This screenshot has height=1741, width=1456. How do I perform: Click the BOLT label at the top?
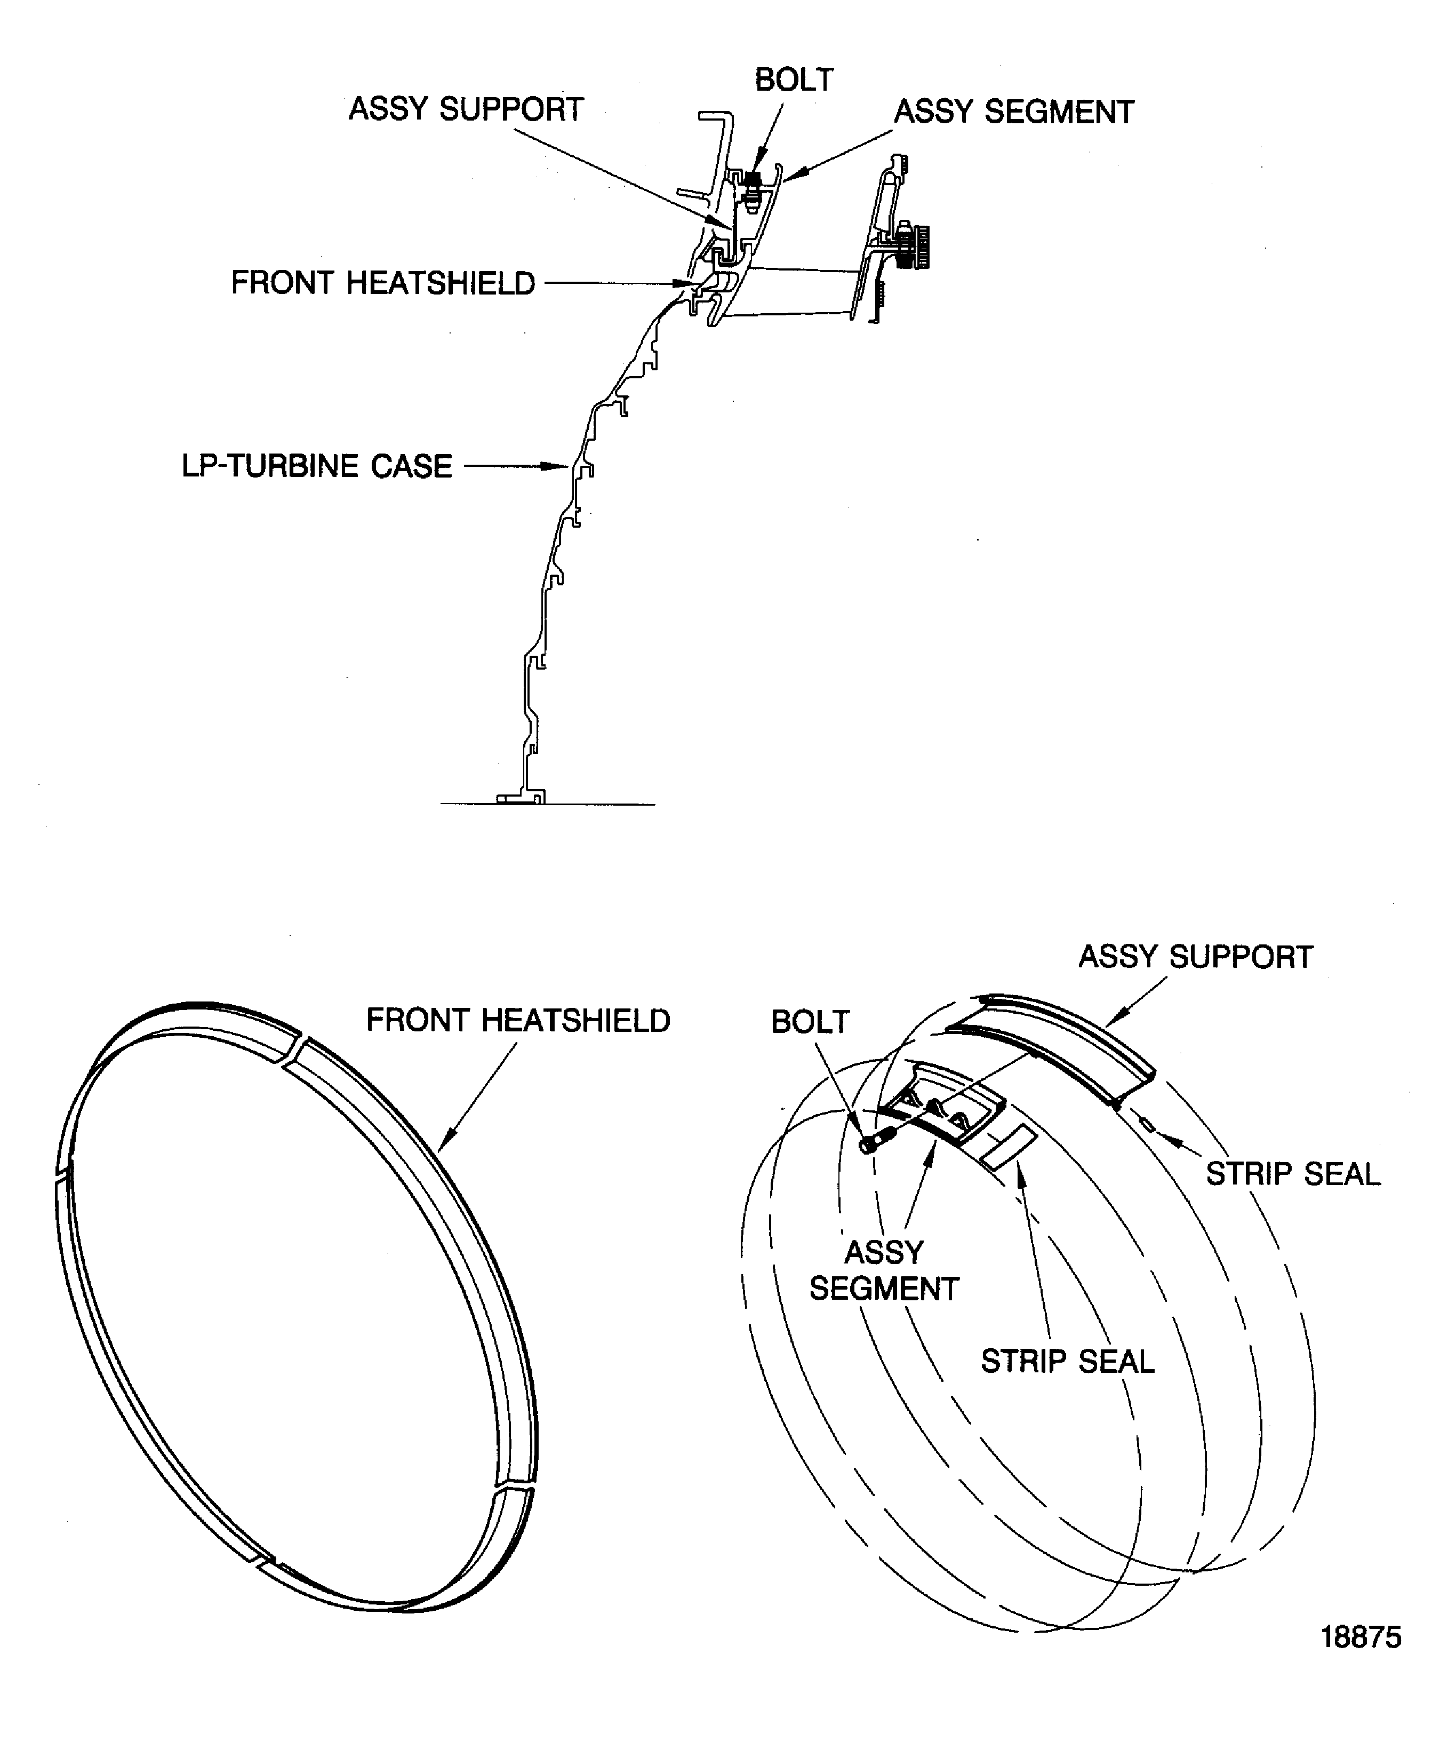793,80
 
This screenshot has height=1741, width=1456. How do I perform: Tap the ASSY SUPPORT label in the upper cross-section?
466,109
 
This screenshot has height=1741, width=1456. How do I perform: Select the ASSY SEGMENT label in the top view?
1013,112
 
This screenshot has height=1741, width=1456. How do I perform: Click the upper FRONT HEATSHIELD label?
383,283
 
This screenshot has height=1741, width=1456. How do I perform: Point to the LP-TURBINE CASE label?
317,466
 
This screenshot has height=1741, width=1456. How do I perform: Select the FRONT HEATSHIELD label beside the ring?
518,1020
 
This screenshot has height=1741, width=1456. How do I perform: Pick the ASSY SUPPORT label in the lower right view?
1195,957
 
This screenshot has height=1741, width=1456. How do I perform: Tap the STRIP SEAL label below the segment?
1067,1361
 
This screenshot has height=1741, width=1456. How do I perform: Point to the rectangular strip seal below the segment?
1007,1148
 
